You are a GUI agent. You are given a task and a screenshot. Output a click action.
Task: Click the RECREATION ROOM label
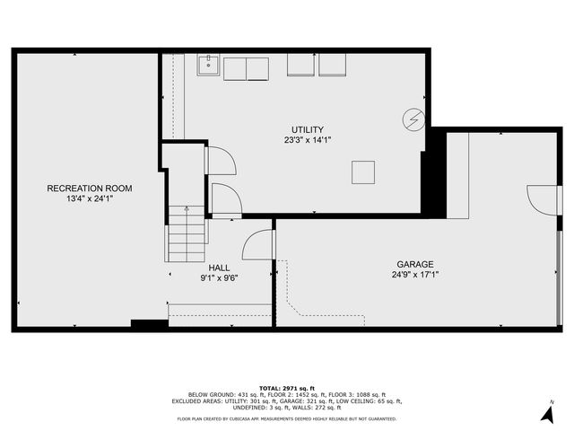point(90,189)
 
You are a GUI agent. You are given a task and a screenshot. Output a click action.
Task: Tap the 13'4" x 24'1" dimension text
point(90,198)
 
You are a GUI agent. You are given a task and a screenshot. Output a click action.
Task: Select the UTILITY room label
point(308,129)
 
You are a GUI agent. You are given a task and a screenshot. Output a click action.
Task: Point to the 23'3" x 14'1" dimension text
point(308,140)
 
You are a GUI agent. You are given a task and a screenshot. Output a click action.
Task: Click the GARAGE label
point(415,265)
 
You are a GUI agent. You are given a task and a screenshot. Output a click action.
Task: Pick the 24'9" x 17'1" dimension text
point(415,276)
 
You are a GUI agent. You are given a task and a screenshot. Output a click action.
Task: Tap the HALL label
point(219,268)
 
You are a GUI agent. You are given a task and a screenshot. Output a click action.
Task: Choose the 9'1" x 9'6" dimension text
point(219,278)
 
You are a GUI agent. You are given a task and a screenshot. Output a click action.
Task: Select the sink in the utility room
point(208,64)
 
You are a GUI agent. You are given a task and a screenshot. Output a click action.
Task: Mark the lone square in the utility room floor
point(363,172)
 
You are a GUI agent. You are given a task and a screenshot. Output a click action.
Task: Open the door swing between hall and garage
point(257,245)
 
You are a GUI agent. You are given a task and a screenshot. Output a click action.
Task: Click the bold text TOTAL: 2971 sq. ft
point(286,387)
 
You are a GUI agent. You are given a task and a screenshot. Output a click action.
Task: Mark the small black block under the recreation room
point(149,324)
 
